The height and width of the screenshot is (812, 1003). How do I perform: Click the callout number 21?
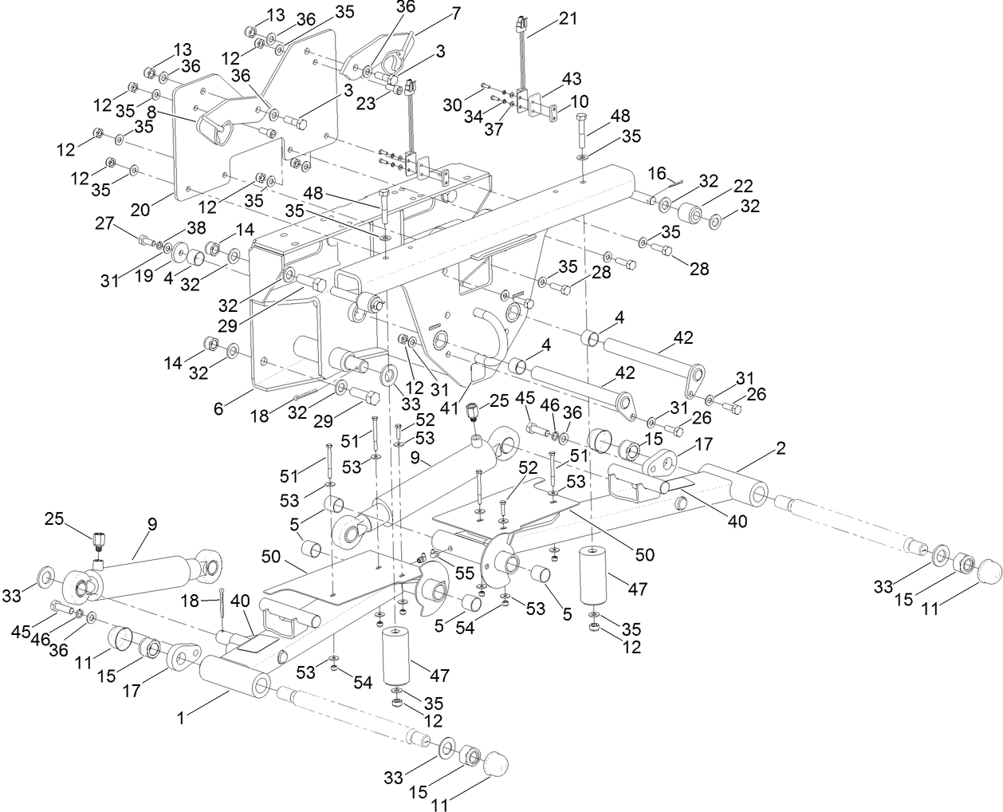click(568, 18)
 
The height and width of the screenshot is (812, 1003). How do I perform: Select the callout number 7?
click(455, 13)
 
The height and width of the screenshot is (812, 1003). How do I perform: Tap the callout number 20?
click(140, 211)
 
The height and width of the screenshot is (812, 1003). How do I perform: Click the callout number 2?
click(781, 448)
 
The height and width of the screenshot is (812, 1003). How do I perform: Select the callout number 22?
click(743, 185)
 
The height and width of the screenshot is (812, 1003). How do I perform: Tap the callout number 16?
click(656, 172)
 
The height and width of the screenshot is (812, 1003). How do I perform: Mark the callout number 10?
click(579, 101)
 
